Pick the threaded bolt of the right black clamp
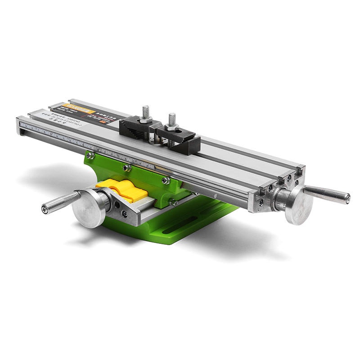(x=172, y=120)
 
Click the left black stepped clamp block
(x=135, y=126)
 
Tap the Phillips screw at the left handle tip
(x=44, y=208)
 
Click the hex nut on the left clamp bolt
(x=145, y=120)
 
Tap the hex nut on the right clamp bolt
(x=171, y=127)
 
